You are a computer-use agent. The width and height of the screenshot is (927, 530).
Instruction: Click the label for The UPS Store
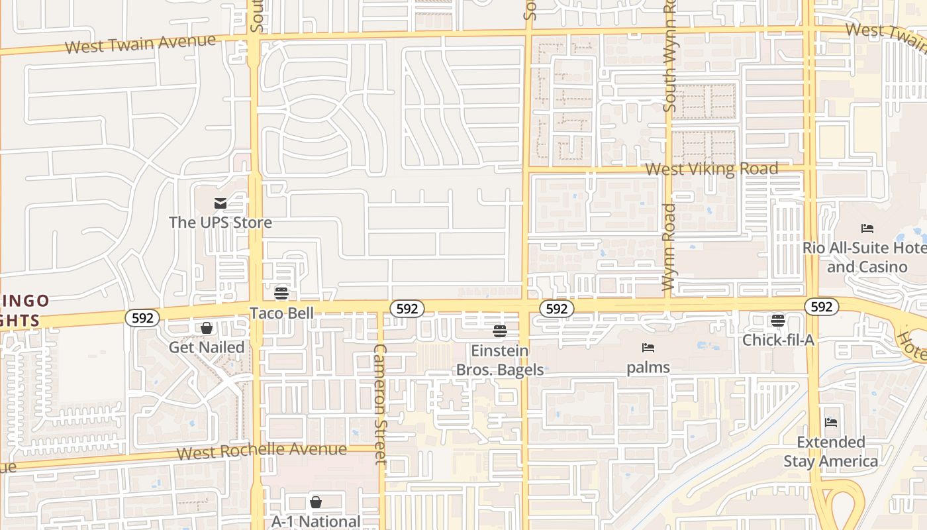click(x=220, y=222)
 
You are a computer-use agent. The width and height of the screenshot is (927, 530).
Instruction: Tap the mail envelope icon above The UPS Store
click(x=220, y=203)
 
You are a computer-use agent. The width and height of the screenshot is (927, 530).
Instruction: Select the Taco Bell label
click(x=281, y=313)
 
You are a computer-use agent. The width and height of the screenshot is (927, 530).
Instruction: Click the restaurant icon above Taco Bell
click(x=281, y=293)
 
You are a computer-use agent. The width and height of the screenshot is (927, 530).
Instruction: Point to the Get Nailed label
click(x=207, y=347)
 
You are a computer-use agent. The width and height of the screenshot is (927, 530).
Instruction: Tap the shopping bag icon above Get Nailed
click(x=207, y=328)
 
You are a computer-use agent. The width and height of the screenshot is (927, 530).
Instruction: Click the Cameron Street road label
click(x=379, y=404)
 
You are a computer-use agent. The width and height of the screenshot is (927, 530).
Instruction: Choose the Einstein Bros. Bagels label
click(x=500, y=360)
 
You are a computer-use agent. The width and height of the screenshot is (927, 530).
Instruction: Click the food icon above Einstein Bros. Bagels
click(x=500, y=331)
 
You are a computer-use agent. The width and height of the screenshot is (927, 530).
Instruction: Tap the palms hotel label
click(x=648, y=367)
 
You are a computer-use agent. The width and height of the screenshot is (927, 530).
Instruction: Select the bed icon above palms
click(x=648, y=347)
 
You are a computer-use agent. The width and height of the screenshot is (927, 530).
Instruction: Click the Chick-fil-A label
click(x=778, y=340)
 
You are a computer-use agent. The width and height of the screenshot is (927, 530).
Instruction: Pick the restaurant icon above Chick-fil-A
click(x=778, y=321)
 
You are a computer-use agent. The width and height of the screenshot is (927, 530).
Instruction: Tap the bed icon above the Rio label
click(x=867, y=229)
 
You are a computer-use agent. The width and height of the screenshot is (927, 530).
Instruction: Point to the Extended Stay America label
click(x=831, y=451)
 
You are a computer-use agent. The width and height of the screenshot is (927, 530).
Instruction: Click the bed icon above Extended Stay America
click(x=831, y=422)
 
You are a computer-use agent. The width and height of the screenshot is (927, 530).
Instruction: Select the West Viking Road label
click(x=712, y=169)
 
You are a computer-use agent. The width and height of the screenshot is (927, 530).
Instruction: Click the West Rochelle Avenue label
click(x=262, y=451)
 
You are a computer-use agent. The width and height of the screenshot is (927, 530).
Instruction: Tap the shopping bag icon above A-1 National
click(x=316, y=502)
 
